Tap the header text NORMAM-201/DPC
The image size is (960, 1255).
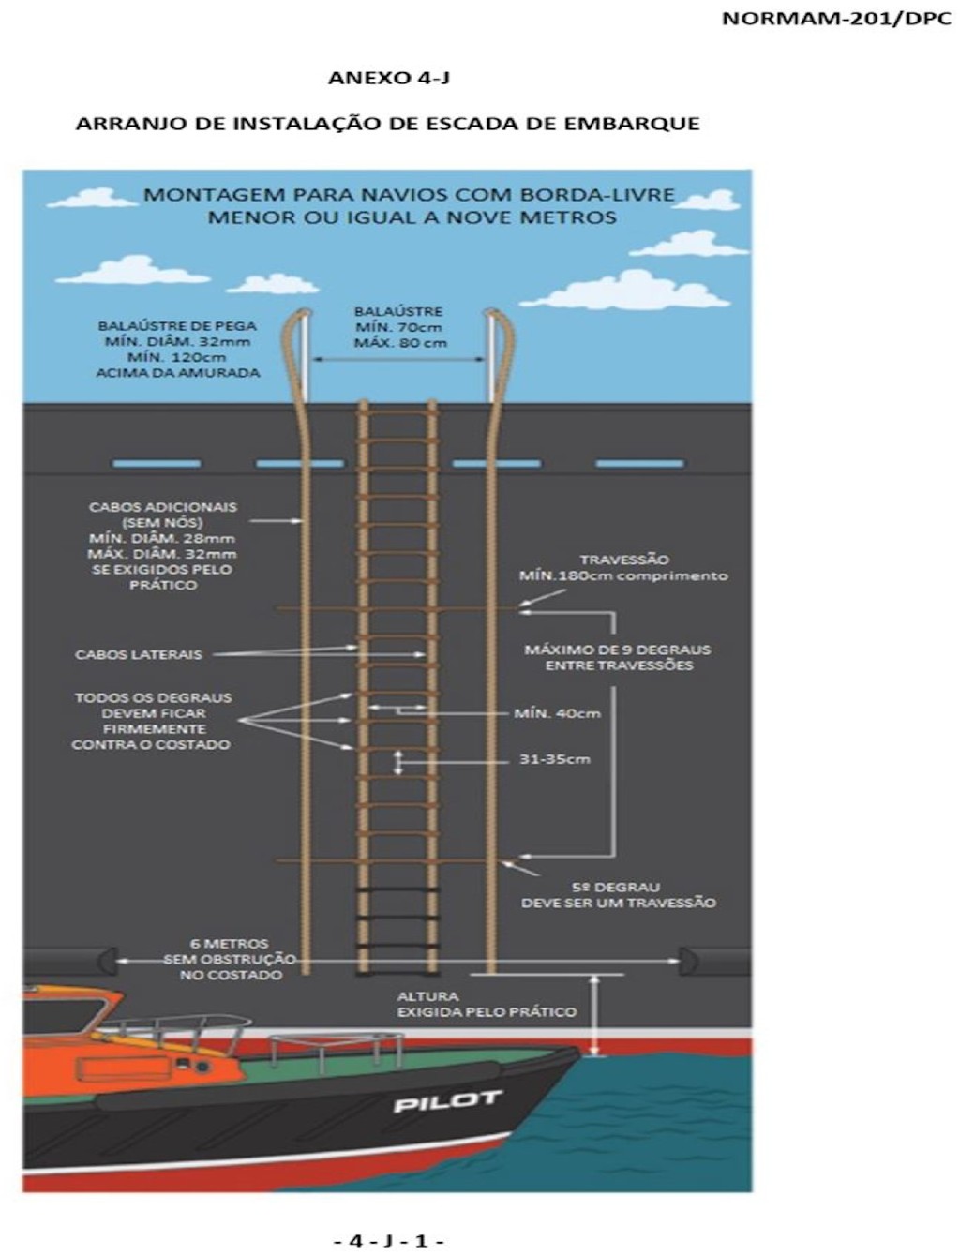[x=837, y=19]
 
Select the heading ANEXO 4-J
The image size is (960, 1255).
[x=389, y=78]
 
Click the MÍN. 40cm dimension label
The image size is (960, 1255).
[x=558, y=713]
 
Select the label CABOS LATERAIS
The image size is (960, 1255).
[x=139, y=654]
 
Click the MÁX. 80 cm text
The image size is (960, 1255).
[x=400, y=343]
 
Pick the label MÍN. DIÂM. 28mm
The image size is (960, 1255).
[x=162, y=539]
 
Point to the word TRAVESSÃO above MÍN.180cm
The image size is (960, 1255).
[x=624, y=560]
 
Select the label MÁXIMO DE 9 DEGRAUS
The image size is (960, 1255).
[x=618, y=650]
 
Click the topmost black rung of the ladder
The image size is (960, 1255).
[x=397, y=889]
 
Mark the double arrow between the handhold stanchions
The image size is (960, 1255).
[x=399, y=360]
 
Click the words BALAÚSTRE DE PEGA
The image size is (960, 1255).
[x=177, y=326]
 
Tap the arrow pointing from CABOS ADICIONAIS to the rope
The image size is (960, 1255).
[x=277, y=521]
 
